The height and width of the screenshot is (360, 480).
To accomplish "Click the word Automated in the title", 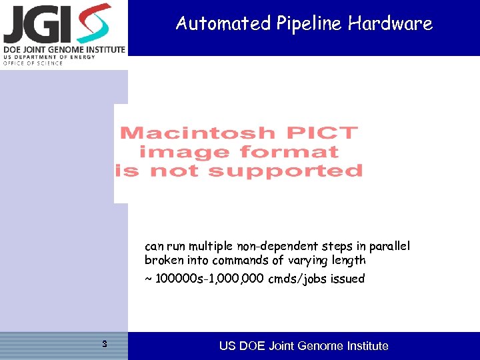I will click(x=215, y=24).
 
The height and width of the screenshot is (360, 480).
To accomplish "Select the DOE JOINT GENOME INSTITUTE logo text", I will click(x=64, y=49).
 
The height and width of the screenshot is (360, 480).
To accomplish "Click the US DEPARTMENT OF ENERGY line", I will click(x=49, y=57).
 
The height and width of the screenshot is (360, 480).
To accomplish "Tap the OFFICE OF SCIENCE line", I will click(x=33, y=63).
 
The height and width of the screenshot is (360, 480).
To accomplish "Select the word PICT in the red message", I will click(x=320, y=133).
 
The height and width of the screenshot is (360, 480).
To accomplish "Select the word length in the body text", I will click(x=348, y=260).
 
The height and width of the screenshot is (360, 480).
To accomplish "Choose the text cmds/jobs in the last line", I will click(x=299, y=279).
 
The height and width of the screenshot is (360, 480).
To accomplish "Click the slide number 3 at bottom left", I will click(x=104, y=344).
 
